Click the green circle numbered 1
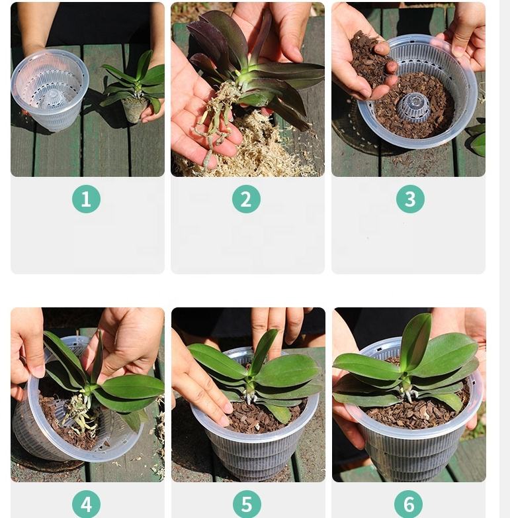coord(86,199)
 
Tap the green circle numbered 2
coord(246,199)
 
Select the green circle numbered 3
coord(410,199)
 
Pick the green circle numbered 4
coord(86,504)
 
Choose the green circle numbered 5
coord(247,504)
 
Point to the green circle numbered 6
coord(408,504)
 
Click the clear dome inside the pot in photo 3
coord(413,107)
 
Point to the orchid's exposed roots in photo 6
coord(408,394)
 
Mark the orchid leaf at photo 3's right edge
coord(478,142)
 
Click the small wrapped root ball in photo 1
coord(134,109)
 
